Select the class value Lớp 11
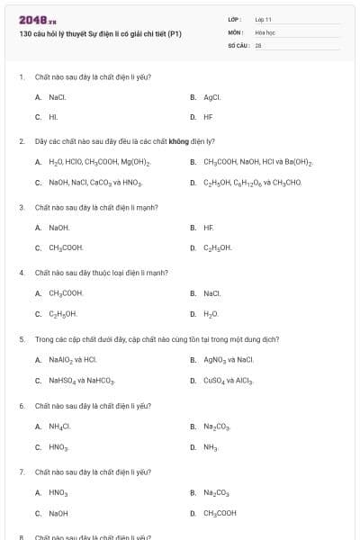click(x=263, y=19)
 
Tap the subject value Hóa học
click(x=264, y=31)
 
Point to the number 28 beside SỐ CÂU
click(x=258, y=44)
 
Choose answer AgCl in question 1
click(x=212, y=96)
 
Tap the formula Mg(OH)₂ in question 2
click(x=136, y=162)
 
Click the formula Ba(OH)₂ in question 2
click(x=298, y=162)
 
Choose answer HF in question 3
click(x=209, y=228)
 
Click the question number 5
click(x=22, y=339)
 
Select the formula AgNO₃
click(x=214, y=360)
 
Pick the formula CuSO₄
click(x=214, y=381)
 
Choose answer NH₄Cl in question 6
click(x=59, y=426)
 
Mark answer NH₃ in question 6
click(x=211, y=446)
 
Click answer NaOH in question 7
click(x=58, y=513)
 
